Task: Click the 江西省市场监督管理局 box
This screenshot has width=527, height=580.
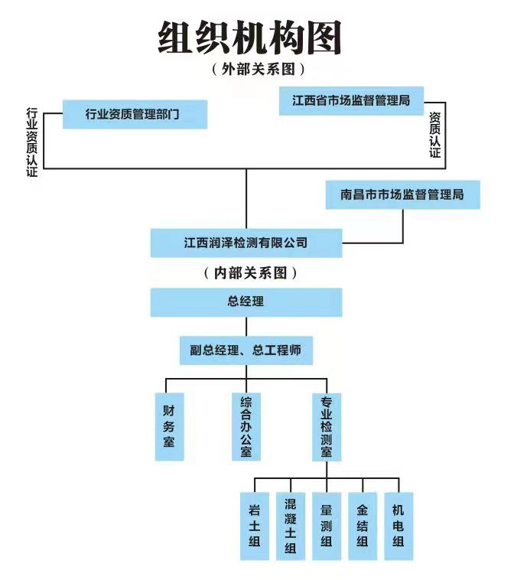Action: [x=351, y=100]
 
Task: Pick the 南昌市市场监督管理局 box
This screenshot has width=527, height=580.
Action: [x=402, y=194]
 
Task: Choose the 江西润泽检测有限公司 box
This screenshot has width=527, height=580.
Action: [x=246, y=243]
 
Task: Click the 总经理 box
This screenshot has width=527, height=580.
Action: [x=246, y=301]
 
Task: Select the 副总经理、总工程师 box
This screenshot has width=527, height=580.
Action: [x=246, y=350]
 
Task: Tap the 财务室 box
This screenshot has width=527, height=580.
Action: [x=169, y=426]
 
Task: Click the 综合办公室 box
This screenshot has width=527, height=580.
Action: [x=246, y=426]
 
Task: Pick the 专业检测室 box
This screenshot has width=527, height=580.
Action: [x=326, y=426]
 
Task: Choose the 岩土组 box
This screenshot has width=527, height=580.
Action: [x=255, y=526]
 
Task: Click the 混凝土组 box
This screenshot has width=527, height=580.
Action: [x=290, y=526]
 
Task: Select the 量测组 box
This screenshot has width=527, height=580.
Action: [x=326, y=526]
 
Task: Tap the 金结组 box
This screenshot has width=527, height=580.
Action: [x=363, y=526]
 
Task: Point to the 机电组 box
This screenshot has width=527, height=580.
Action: [x=398, y=526]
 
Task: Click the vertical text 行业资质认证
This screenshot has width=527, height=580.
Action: [x=31, y=142]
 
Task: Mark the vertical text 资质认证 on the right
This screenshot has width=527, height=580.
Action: [x=434, y=135]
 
